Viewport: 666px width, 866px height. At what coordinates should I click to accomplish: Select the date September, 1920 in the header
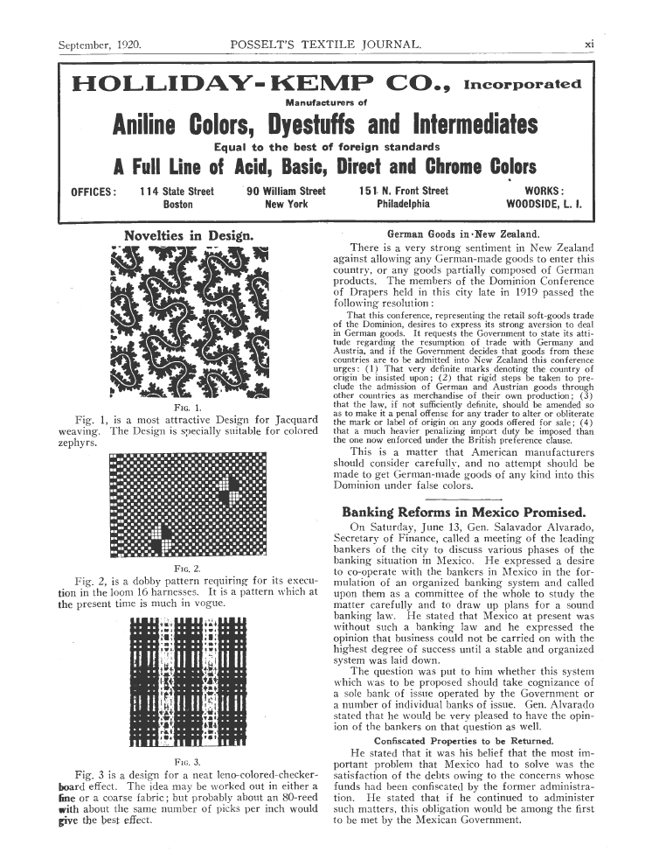[x=100, y=43]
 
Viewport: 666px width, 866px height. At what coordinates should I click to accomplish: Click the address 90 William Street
[x=286, y=191]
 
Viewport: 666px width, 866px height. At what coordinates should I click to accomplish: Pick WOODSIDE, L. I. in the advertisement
[x=545, y=205]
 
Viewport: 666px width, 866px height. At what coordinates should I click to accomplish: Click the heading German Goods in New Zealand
[x=462, y=234]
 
